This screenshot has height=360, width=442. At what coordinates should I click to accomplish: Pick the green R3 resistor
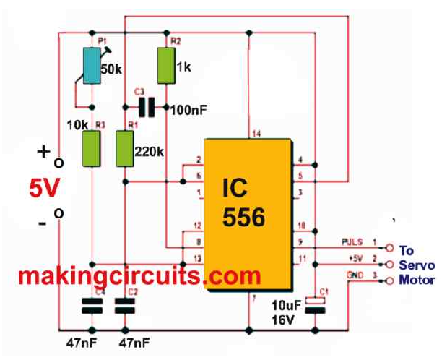point(92,148)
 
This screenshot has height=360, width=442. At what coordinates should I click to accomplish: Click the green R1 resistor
point(126,148)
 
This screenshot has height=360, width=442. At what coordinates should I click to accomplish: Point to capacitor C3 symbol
point(147,108)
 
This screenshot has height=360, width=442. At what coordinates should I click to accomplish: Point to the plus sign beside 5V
point(43,153)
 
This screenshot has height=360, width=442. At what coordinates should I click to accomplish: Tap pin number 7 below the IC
point(255,297)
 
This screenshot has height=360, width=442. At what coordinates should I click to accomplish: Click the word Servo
point(418,265)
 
